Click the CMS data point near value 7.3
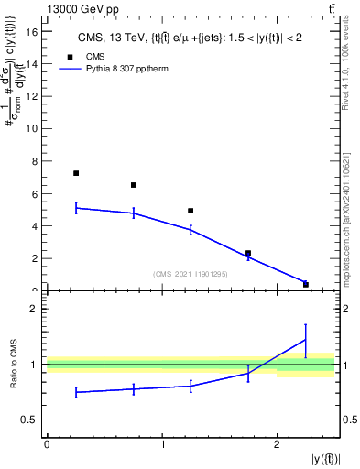[76, 173]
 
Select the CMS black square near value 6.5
[134, 185]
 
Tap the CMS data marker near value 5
[191, 211]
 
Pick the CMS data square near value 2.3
[248, 253]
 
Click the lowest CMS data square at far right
[306, 284]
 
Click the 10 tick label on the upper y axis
[34, 128]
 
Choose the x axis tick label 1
[162, 443]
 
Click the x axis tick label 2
[277, 443]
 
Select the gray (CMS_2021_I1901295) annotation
[191, 274]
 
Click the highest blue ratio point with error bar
[306, 340]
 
